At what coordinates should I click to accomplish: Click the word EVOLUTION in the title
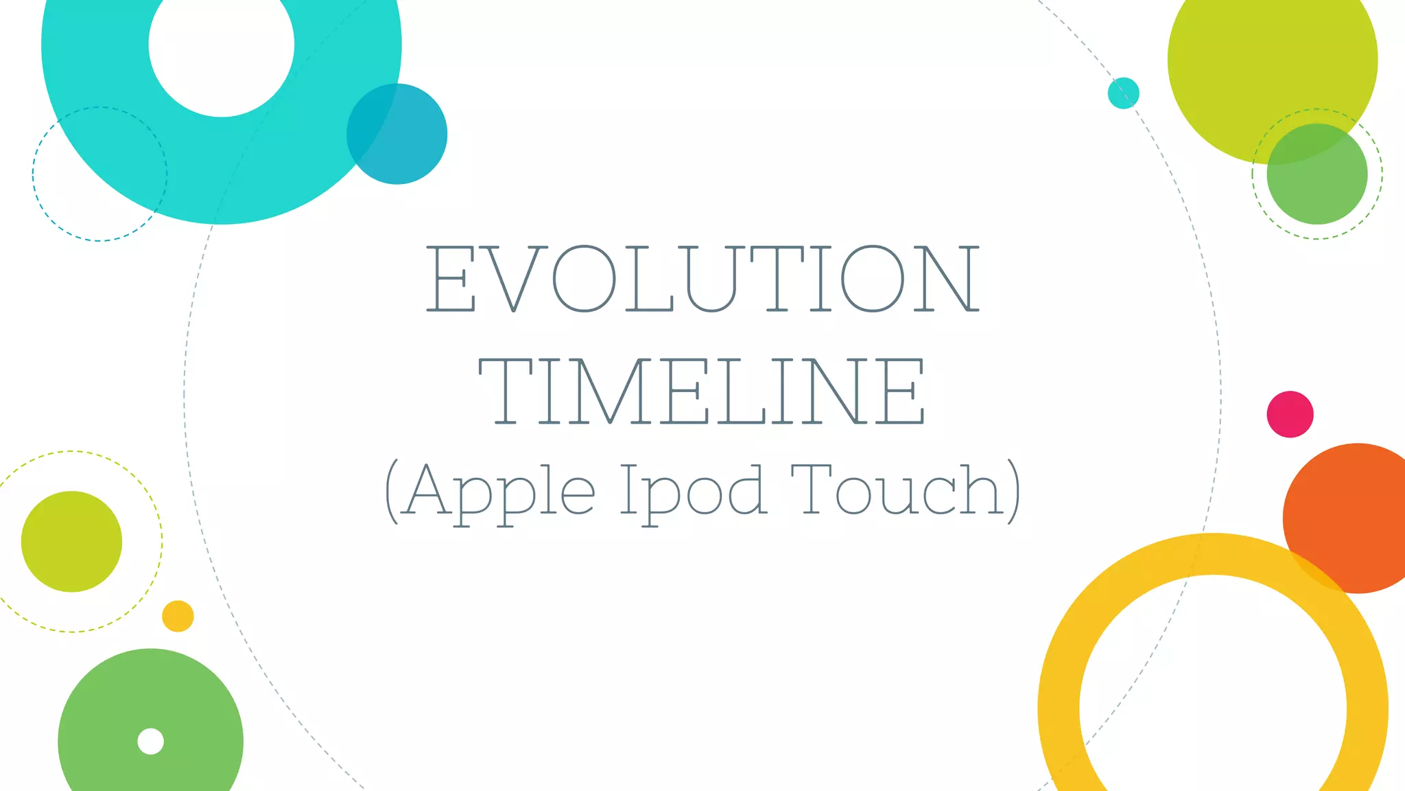point(702,278)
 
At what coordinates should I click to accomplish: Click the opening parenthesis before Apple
point(392,490)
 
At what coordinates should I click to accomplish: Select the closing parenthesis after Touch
point(1013,490)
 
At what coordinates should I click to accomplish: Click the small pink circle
point(1290,414)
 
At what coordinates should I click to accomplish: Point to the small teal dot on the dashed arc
point(1123,93)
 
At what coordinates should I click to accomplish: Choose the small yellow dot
point(178,616)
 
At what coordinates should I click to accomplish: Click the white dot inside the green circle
point(150,742)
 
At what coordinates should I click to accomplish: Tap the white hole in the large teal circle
point(222,45)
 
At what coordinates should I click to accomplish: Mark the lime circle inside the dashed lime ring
point(71,541)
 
